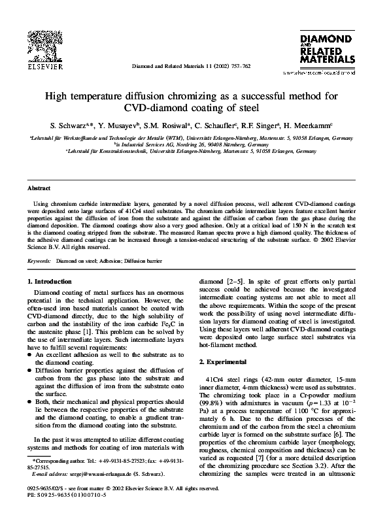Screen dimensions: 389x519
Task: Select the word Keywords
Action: pyautogui.click(x=39, y=261)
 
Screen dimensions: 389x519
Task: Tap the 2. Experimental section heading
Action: pyautogui.click(x=224, y=361)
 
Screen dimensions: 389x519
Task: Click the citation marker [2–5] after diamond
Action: pyautogui.click(x=234, y=282)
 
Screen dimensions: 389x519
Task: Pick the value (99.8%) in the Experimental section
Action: pyautogui.click(x=212, y=406)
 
